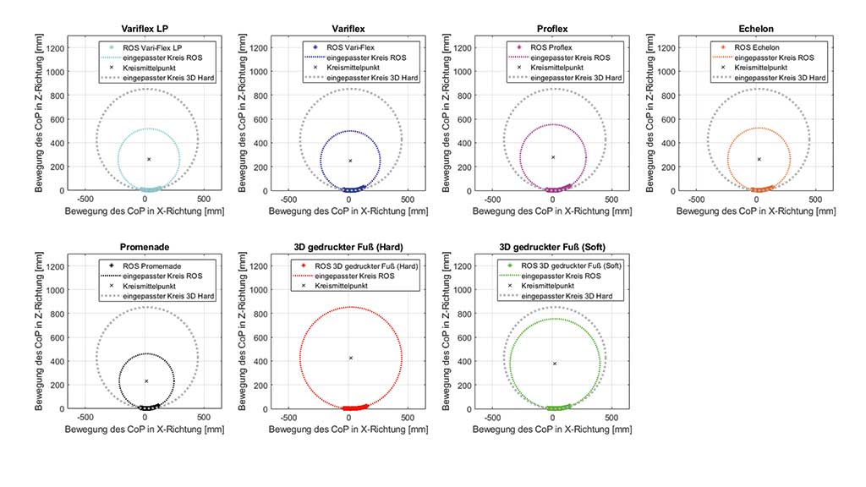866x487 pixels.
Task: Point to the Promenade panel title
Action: click(147, 247)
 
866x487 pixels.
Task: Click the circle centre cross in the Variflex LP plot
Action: click(149, 159)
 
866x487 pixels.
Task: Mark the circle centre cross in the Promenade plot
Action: click(146, 381)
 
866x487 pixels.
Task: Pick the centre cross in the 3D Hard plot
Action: click(350, 358)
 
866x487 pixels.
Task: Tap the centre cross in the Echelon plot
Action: click(759, 159)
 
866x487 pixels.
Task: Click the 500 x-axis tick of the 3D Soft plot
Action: click(611, 418)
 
